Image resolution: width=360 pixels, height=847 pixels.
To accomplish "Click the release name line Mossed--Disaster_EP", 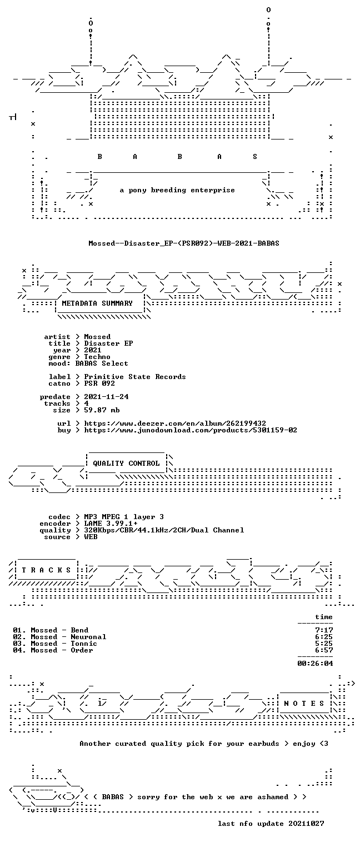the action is click(184, 243).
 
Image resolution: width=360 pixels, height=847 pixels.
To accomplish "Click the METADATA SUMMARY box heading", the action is click(97, 303).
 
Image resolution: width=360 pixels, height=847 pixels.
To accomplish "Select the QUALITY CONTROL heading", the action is click(126, 463).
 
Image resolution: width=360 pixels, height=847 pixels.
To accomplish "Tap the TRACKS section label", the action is click(46, 570).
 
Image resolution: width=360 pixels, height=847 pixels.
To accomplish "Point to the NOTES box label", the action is click(304, 703).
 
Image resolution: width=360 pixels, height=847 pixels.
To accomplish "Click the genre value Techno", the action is click(97, 357).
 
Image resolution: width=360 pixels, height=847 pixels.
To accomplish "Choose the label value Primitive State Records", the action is click(134, 377).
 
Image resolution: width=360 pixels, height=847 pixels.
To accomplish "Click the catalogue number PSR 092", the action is click(99, 383).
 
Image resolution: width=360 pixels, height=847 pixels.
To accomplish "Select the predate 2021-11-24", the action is click(106, 397).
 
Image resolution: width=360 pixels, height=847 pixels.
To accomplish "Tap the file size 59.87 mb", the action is click(102, 410).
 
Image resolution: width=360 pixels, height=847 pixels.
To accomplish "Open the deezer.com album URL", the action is click(174, 423).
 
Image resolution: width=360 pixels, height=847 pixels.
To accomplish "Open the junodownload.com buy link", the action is click(191, 430).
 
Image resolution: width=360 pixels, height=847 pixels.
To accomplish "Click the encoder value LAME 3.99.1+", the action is click(111, 524).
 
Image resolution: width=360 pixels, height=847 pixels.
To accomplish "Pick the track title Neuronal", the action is click(88, 637).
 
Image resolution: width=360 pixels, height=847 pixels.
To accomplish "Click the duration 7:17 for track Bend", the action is click(324, 630).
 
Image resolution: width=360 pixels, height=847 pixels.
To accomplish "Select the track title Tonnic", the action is click(84, 644).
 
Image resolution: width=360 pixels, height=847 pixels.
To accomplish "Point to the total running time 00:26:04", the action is click(315, 664).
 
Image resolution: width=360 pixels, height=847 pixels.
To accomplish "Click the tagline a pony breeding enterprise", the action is click(177, 190).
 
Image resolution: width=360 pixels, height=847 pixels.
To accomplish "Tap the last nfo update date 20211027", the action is click(306, 824).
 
